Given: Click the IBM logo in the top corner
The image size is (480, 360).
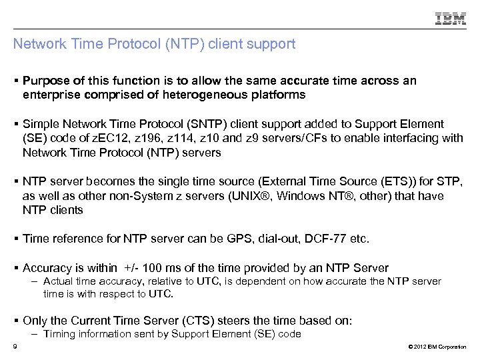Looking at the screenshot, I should [x=451, y=19].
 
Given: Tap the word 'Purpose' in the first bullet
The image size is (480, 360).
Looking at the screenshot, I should [x=45, y=81].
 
